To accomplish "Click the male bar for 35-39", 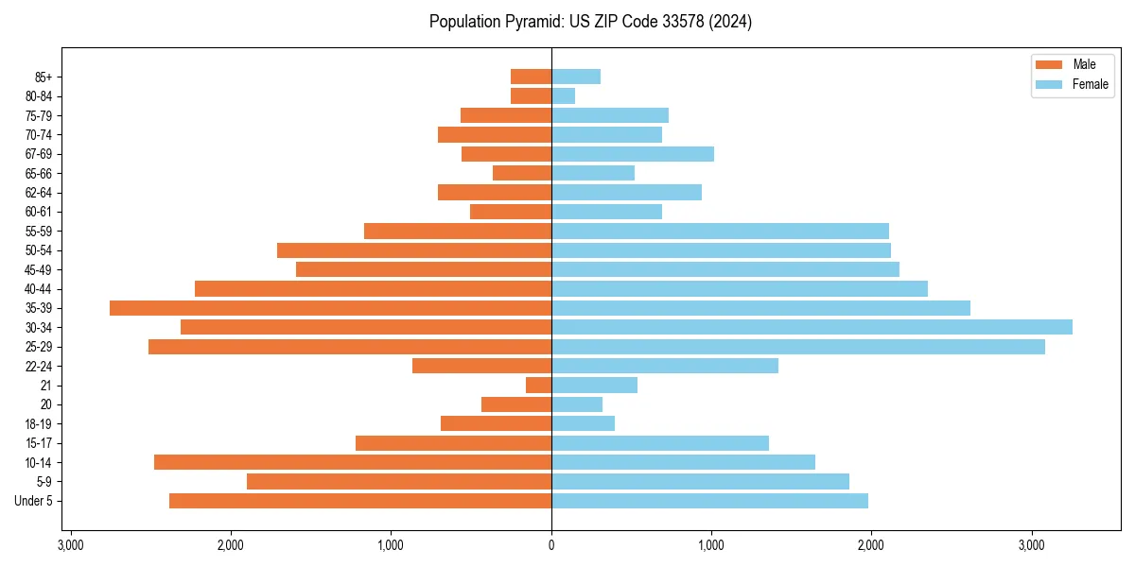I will coord(330,308).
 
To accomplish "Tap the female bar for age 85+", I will coord(576,77).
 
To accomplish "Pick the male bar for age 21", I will coord(538,385).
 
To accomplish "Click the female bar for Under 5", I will coord(709,501).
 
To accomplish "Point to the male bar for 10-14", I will coord(353,462).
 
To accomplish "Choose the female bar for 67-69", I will coord(633,154).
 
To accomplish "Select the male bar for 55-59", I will coord(458,231).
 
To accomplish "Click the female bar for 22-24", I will coord(665,366).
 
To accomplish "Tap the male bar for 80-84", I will coord(531,95).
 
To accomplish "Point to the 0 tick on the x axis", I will coord(551,544).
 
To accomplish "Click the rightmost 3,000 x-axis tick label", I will coord(1032,544).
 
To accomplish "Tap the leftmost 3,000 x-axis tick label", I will coord(70,544).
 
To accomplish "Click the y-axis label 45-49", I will coord(39,269).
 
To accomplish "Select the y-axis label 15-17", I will coord(39,443).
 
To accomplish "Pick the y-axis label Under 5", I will coord(34,501).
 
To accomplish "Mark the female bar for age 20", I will coord(577,404).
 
